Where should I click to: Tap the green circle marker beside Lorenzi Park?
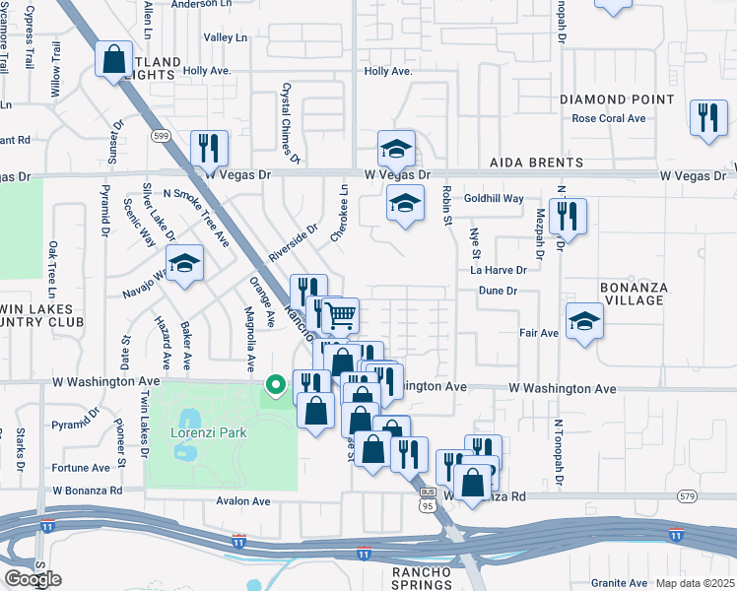point(277,384)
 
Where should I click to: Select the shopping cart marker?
point(340,315)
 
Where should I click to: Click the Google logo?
point(33,579)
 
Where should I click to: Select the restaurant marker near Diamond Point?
point(707,117)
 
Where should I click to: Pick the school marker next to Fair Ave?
point(584,321)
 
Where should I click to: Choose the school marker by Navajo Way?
point(183,264)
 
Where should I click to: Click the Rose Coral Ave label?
point(609,118)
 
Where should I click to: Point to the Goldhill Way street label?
point(495,198)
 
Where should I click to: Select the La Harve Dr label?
point(499,269)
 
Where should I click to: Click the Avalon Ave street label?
point(243,501)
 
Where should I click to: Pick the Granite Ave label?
point(619,583)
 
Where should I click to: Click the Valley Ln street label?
point(226,37)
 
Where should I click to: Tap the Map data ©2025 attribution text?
point(695,583)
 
